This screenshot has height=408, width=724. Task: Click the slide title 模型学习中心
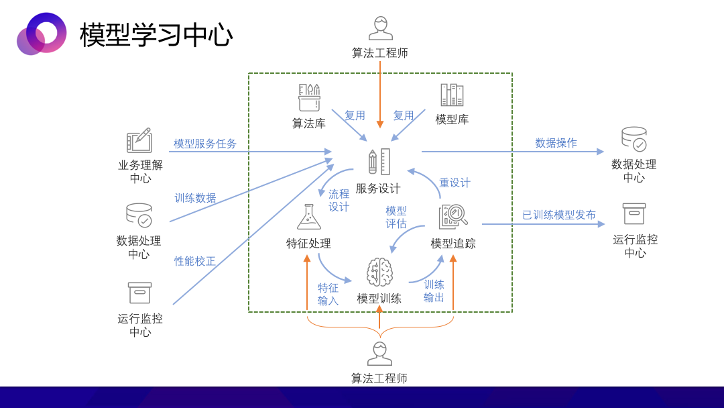(156, 35)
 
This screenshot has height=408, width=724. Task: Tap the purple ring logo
(42, 34)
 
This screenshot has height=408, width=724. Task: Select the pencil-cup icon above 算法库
(309, 97)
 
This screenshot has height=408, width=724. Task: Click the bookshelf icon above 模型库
(452, 95)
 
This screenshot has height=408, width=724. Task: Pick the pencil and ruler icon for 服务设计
(379, 162)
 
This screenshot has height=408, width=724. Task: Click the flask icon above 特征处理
(309, 217)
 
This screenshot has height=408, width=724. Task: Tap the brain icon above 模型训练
(379, 272)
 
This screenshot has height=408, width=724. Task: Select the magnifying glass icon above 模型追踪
(453, 217)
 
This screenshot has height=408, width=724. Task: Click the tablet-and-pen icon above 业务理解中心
(139, 140)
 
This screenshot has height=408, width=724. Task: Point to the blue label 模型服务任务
(205, 144)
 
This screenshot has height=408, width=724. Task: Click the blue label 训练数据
(195, 198)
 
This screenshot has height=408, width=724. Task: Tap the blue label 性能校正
(195, 261)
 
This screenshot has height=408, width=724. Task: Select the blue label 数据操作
(556, 143)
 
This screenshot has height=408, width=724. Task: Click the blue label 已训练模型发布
(558, 215)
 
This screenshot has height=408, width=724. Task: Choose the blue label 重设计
(455, 183)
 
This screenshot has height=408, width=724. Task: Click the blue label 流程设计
(339, 201)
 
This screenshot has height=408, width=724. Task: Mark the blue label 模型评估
(396, 217)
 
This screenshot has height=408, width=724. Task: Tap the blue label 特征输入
(328, 295)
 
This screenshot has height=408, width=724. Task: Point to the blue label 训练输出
(434, 291)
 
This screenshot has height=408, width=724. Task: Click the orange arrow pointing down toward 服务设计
(380, 95)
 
